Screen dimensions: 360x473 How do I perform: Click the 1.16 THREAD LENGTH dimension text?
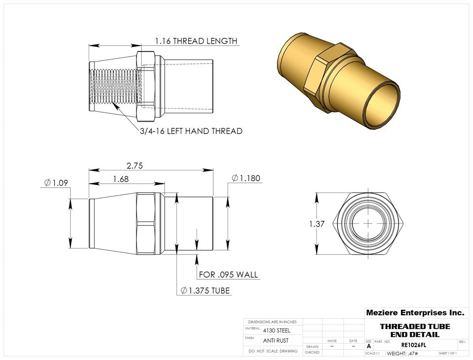(196, 41)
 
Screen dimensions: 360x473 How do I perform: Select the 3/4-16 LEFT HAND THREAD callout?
(191, 131)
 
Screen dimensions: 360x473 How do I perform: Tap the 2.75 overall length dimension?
(134, 166)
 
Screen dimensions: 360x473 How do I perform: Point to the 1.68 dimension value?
(121, 179)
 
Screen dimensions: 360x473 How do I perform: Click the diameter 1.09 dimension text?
(56, 183)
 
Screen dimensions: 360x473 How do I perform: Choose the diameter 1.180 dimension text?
(246, 178)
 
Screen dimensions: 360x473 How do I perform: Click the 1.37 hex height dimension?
(317, 224)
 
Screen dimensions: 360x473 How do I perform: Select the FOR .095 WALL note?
(228, 274)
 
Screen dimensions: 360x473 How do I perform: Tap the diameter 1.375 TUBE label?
(205, 291)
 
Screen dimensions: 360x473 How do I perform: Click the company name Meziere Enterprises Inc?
(414, 312)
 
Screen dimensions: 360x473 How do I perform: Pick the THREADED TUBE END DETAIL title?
(414, 330)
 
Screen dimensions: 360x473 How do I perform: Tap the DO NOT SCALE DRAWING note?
(273, 351)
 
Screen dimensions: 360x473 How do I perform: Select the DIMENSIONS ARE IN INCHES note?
(272, 322)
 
